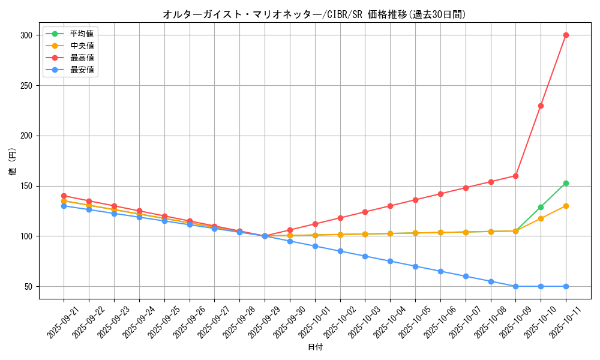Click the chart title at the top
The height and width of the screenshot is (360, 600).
pyautogui.click(x=314, y=14)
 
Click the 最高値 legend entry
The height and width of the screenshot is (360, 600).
pyautogui.click(x=82, y=58)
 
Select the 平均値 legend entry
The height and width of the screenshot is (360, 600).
pyautogui.click(x=82, y=34)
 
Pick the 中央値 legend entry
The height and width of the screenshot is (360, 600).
pyautogui.click(x=82, y=46)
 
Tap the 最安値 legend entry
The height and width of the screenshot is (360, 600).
pyautogui.click(x=82, y=70)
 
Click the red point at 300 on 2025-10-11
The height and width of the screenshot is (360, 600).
pyautogui.click(x=566, y=35)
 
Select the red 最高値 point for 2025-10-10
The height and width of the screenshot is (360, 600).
pyautogui.click(x=541, y=106)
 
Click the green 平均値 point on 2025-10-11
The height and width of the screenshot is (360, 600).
pyautogui.click(x=566, y=183)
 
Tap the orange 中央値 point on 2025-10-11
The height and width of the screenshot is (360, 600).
pyautogui.click(x=566, y=206)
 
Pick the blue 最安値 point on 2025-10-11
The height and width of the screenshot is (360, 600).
pyautogui.click(x=566, y=286)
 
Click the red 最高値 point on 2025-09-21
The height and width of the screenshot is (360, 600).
pyautogui.click(x=64, y=196)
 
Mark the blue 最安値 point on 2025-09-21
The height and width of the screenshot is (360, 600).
pyautogui.click(x=64, y=206)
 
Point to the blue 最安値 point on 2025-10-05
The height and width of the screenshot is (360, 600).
pyautogui.click(x=415, y=266)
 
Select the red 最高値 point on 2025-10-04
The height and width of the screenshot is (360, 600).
pyautogui.click(x=390, y=206)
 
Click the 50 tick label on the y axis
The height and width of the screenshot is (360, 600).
pyautogui.click(x=28, y=287)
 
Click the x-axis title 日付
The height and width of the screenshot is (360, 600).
pyautogui.click(x=315, y=347)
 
